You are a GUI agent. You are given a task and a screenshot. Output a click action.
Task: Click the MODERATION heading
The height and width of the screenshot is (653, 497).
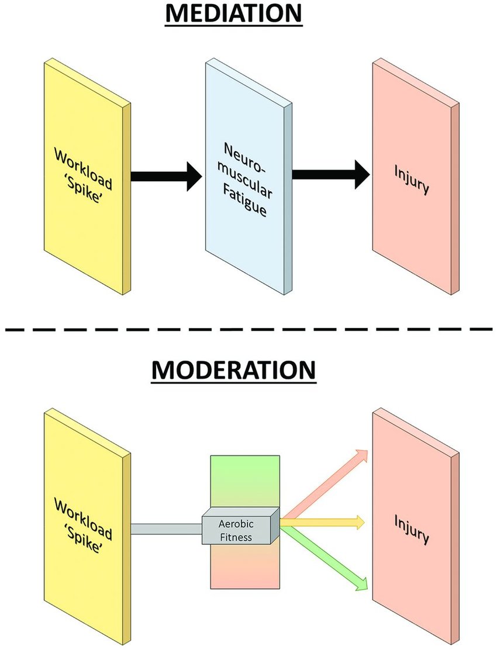234,371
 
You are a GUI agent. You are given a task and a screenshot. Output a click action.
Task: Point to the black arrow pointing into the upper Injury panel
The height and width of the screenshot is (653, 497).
330,174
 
